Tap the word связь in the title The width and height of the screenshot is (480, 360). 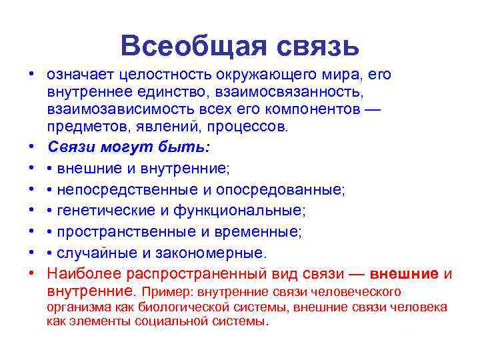316,46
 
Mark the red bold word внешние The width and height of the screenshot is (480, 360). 404,274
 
